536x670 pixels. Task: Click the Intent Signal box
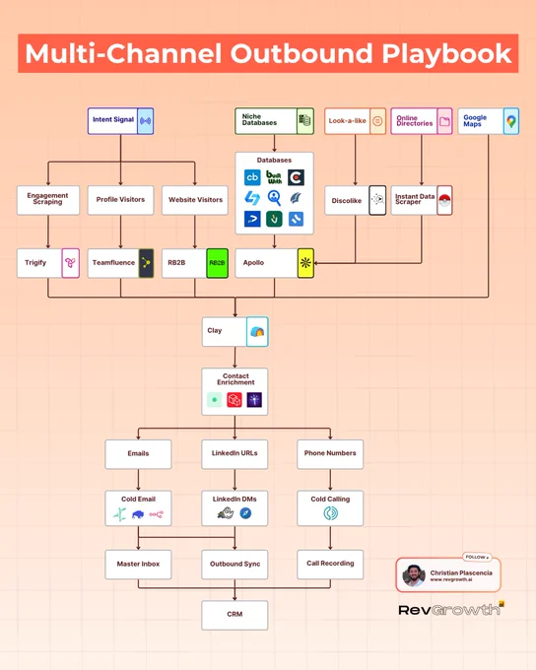[x=120, y=121]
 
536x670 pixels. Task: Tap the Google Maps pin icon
[x=511, y=121]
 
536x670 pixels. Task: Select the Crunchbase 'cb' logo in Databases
[x=252, y=177]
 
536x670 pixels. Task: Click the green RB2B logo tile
[x=217, y=263]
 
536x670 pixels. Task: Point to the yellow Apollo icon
[x=305, y=263]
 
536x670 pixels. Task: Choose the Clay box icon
[x=257, y=332]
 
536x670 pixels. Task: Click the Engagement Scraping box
[x=48, y=200]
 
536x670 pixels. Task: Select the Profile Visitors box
[x=120, y=200]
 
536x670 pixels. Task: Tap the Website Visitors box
[x=195, y=200]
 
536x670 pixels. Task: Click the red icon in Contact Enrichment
[x=234, y=400]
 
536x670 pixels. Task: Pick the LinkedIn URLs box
[x=234, y=454]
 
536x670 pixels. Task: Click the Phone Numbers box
[x=330, y=454]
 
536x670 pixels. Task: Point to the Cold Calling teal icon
[x=330, y=512]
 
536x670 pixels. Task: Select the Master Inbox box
[x=138, y=565]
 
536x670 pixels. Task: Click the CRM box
[x=234, y=615]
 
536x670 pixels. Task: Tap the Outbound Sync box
[x=234, y=565]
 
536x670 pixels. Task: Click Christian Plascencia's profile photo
[x=413, y=575]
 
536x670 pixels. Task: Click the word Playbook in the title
[x=446, y=54]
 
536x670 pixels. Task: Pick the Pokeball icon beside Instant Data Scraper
[x=444, y=200]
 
